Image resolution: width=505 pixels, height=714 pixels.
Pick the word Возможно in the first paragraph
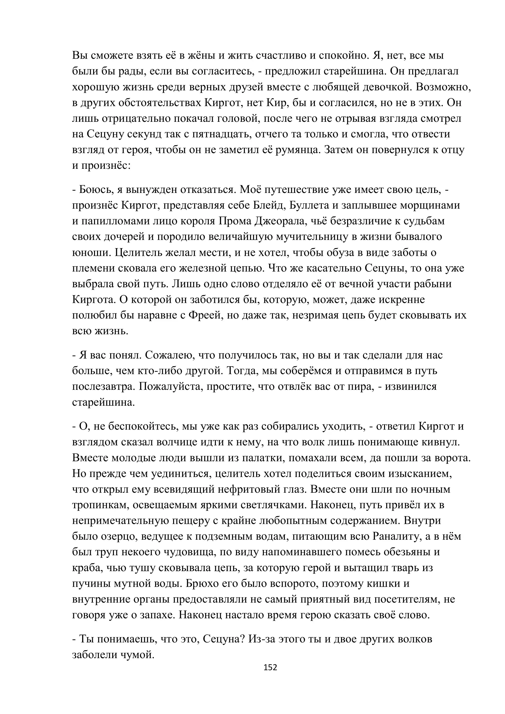click(443, 87)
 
